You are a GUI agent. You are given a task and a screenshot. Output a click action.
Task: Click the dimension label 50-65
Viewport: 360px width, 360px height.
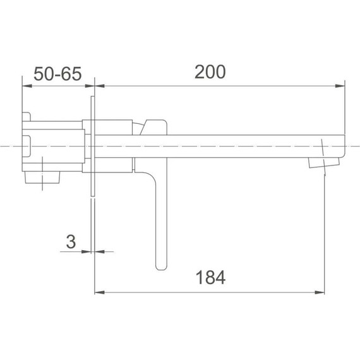tap(57, 74)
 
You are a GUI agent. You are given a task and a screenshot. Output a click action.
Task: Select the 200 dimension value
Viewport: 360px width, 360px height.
tap(210, 73)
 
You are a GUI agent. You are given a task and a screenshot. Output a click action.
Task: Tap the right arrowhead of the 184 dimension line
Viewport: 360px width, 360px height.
tap(321, 292)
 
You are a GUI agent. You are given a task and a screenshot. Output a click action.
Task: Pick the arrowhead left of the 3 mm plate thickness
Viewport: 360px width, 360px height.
tap(88, 251)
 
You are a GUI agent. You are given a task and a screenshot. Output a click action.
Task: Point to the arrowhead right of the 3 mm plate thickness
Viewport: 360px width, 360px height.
tap(97, 251)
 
